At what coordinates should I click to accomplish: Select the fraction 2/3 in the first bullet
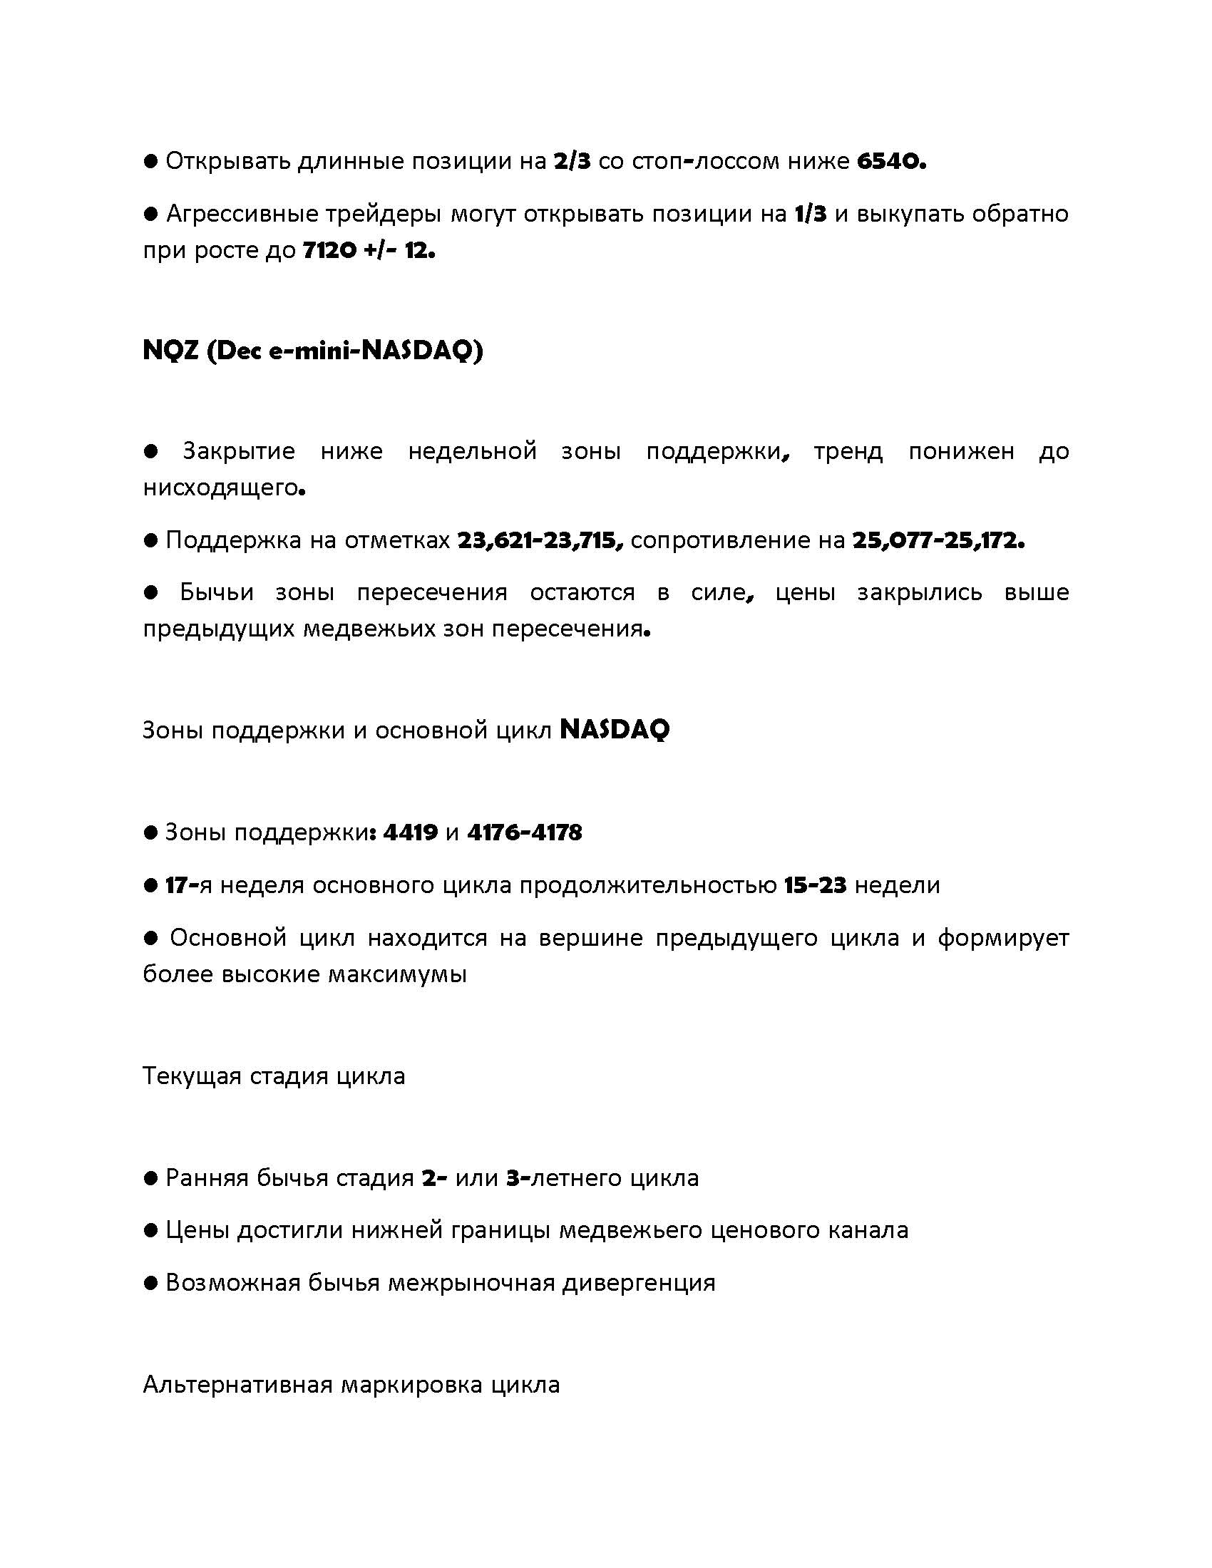click(x=572, y=162)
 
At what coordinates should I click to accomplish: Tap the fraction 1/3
click(x=811, y=214)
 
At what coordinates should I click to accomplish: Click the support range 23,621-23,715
click(x=540, y=540)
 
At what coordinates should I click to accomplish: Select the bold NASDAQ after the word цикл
click(x=614, y=730)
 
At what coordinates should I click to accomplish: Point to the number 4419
click(x=411, y=832)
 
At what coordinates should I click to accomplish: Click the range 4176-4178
click(x=524, y=832)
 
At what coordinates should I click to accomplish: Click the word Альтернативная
click(x=237, y=1384)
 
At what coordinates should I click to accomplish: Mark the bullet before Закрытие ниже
click(x=150, y=451)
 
